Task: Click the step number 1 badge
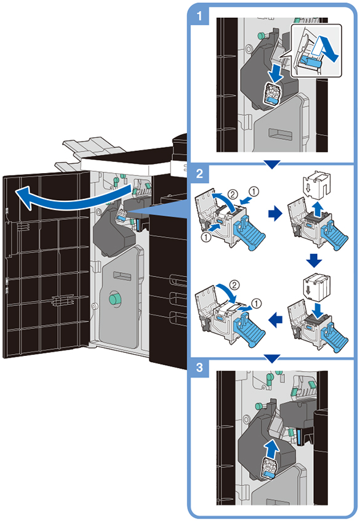tap(199, 15)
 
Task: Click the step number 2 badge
tap(199, 173)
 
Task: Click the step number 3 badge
tap(199, 368)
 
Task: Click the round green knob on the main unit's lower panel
tap(115, 298)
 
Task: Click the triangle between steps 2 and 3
tap(272, 358)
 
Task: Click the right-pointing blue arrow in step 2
tap(275, 214)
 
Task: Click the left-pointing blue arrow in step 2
tap(275, 320)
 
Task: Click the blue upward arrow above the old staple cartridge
tap(318, 209)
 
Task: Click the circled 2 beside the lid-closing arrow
tap(234, 285)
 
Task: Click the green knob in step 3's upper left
tap(259, 406)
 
